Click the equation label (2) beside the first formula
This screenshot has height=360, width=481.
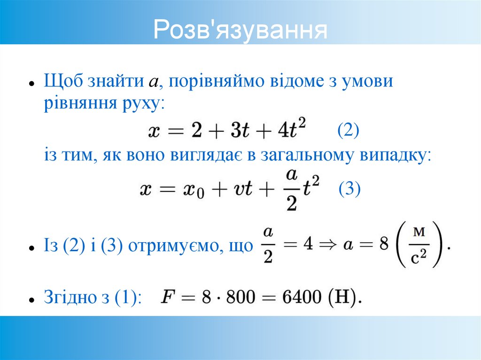[x=348, y=130]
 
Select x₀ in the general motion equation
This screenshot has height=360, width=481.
[x=193, y=190]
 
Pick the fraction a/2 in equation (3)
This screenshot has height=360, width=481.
[x=291, y=190]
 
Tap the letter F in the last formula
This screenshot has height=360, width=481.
[x=167, y=297]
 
